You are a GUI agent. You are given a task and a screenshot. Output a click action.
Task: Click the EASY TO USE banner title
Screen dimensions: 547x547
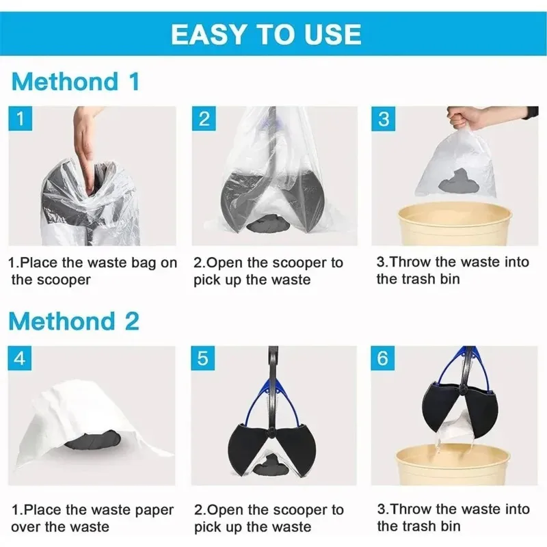pyautogui.click(x=266, y=34)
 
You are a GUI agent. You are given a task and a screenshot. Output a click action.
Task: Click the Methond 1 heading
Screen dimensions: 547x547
pyautogui.click(x=75, y=81)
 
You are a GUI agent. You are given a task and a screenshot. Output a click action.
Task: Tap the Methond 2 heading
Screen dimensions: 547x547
pyautogui.click(x=75, y=321)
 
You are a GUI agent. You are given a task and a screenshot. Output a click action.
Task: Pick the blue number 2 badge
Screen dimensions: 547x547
pyautogui.click(x=204, y=119)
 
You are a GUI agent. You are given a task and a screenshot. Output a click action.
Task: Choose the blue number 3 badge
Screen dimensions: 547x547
pyautogui.click(x=384, y=119)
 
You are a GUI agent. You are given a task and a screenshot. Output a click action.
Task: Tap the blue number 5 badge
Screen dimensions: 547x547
pyautogui.click(x=204, y=358)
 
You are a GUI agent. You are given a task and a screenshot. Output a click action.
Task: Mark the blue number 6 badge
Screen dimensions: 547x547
pyautogui.click(x=384, y=358)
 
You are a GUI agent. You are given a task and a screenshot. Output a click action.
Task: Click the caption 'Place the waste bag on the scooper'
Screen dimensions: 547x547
pyautogui.click(x=92, y=271)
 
